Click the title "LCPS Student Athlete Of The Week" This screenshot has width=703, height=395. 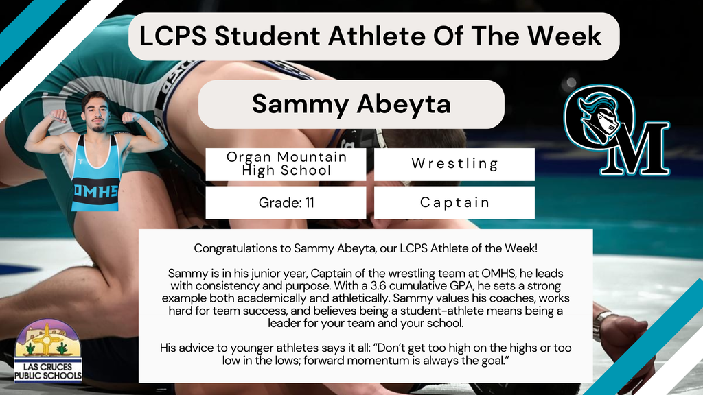(x=371, y=36)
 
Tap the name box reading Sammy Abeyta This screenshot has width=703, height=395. (x=351, y=104)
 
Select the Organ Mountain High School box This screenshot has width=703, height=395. (x=286, y=164)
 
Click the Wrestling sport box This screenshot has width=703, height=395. (x=454, y=164)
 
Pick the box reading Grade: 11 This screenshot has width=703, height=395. (x=286, y=203)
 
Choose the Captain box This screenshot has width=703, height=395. (x=454, y=203)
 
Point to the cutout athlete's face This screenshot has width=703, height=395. (x=96, y=113)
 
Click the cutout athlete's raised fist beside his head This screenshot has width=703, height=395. (x=59, y=117)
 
